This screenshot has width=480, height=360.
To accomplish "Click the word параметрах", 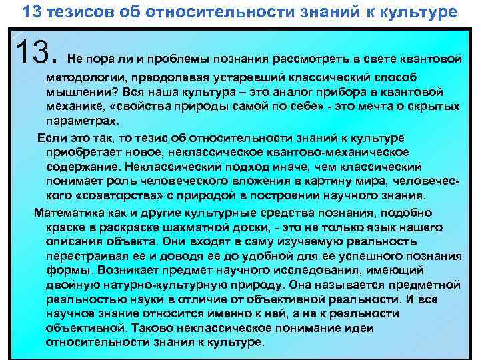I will pos(81,122).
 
